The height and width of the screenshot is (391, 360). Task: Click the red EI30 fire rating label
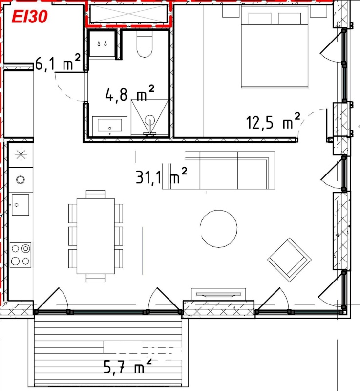(29, 17)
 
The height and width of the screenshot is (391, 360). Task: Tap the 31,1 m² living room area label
(161, 176)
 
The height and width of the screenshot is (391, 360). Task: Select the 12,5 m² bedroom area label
(273, 121)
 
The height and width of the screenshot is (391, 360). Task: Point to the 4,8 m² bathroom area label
(130, 93)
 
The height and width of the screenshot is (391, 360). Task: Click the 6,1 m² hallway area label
(58, 63)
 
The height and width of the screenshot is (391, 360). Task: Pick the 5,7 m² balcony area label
(127, 365)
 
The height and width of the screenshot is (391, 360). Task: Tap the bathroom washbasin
(110, 126)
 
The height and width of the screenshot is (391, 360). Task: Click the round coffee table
(219, 229)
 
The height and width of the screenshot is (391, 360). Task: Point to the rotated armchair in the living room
(289, 260)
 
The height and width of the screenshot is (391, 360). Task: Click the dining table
(96, 236)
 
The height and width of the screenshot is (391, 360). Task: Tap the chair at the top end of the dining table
(96, 194)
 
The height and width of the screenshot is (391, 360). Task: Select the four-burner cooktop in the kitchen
(21, 255)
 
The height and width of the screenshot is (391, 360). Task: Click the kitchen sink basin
(21, 205)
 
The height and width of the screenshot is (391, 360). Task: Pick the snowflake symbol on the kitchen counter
(21, 154)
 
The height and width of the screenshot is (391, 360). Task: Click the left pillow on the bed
(260, 19)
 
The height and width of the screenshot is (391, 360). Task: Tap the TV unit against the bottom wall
(218, 295)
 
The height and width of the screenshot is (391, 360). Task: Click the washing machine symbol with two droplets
(103, 43)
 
